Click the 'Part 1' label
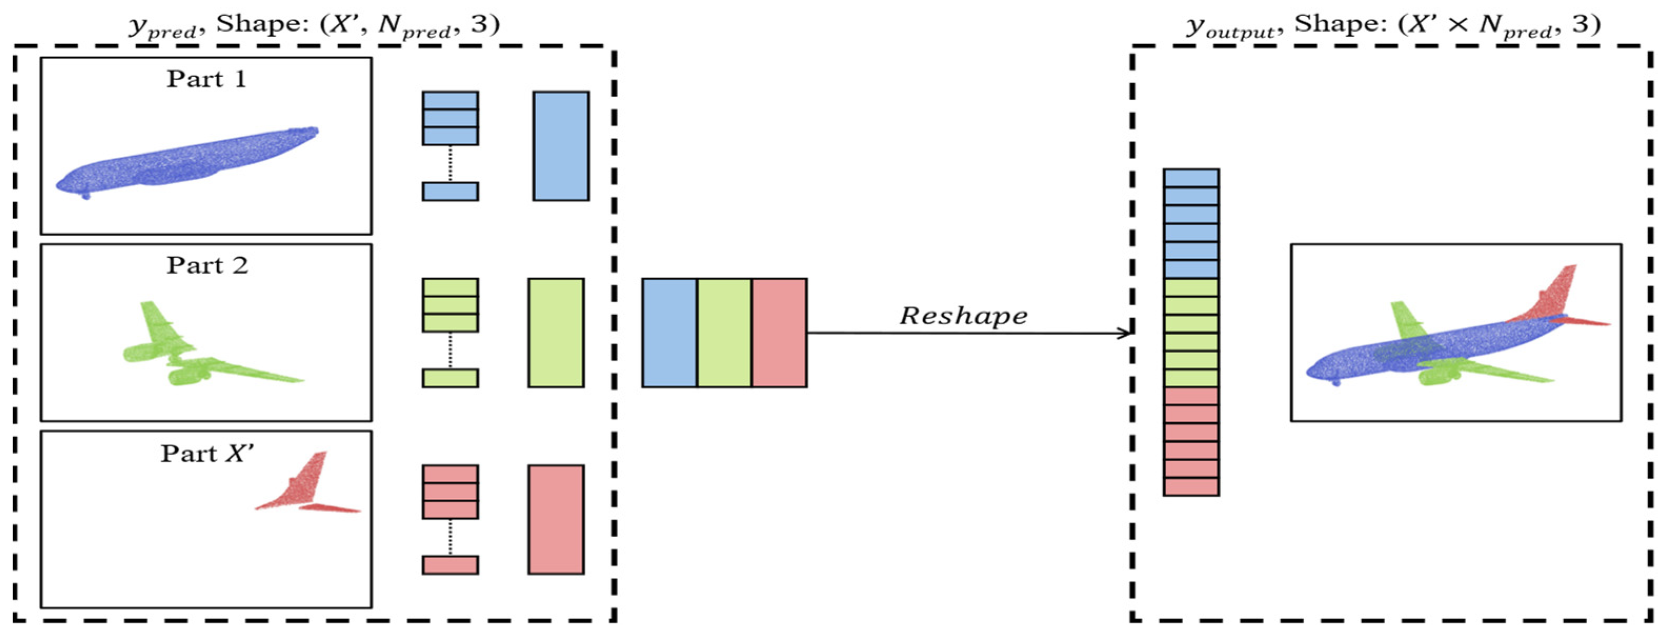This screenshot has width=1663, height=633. pyautogui.click(x=207, y=79)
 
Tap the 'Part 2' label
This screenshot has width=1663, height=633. pyautogui.click(x=207, y=266)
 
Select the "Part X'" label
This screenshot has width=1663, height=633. pyautogui.click(x=207, y=454)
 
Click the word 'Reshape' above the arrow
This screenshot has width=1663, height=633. pyautogui.click(x=963, y=316)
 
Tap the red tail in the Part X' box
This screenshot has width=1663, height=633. pyautogui.click(x=304, y=491)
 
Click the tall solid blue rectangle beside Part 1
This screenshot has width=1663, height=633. pyautogui.click(x=560, y=146)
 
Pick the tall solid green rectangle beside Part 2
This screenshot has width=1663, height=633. pyautogui.click(x=555, y=333)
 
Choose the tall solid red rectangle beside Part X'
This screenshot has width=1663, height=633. pyautogui.click(x=555, y=519)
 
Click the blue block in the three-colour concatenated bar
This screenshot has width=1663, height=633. pyautogui.click(x=669, y=333)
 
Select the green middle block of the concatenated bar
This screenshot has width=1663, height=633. pyautogui.click(x=724, y=333)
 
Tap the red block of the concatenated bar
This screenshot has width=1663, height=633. pyautogui.click(x=779, y=333)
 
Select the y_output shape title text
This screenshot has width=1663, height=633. pyautogui.click(x=1393, y=26)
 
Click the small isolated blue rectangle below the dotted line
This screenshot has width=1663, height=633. pyautogui.click(x=450, y=191)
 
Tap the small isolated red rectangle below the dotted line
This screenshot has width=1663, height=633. pyautogui.click(x=450, y=565)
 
